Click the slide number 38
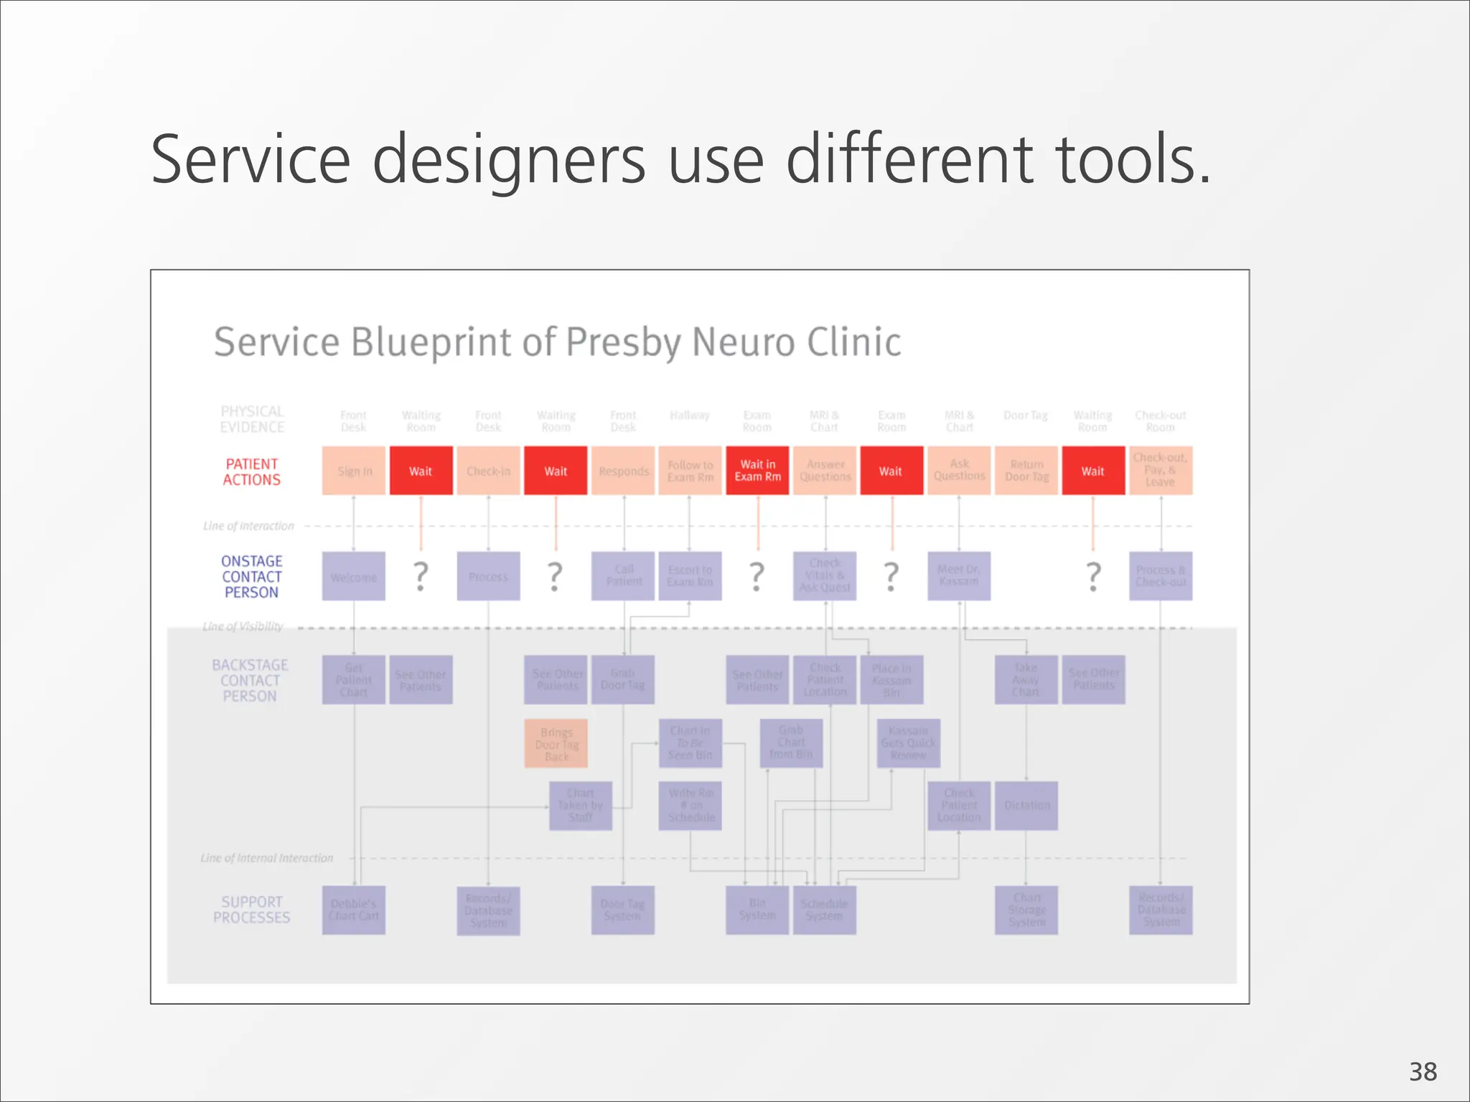click(1423, 1072)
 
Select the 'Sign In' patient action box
click(354, 471)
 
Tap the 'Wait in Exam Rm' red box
click(757, 471)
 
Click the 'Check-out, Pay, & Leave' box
click(1161, 470)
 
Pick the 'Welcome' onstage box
click(354, 576)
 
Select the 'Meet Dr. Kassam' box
click(959, 575)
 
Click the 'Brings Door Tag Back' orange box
click(556, 743)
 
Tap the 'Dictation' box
click(1026, 805)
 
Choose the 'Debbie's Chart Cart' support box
click(354, 910)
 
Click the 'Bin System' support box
click(757, 910)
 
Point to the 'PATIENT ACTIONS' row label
click(251, 472)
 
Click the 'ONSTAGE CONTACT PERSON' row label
click(251, 576)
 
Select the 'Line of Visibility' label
click(243, 626)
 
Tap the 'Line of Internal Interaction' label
click(267, 858)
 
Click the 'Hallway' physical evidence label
click(690, 415)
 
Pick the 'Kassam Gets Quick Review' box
click(909, 743)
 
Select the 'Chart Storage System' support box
click(1026, 910)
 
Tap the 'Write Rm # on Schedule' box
click(690, 805)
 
